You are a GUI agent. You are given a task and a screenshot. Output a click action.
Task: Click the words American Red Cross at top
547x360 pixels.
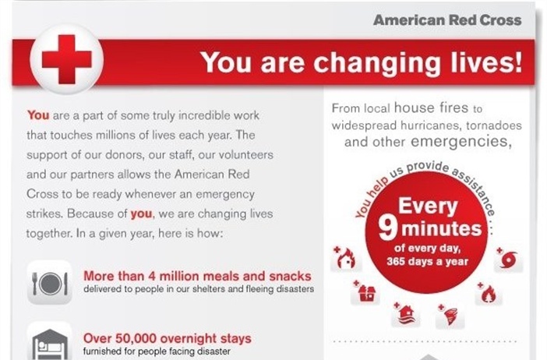coord(446,20)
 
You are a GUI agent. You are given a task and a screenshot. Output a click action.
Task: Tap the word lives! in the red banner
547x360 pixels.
coord(482,62)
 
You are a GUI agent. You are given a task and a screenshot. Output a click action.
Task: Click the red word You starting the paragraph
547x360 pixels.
coord(38,115)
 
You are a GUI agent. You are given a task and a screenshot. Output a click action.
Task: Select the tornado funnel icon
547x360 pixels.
coord(450,316)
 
